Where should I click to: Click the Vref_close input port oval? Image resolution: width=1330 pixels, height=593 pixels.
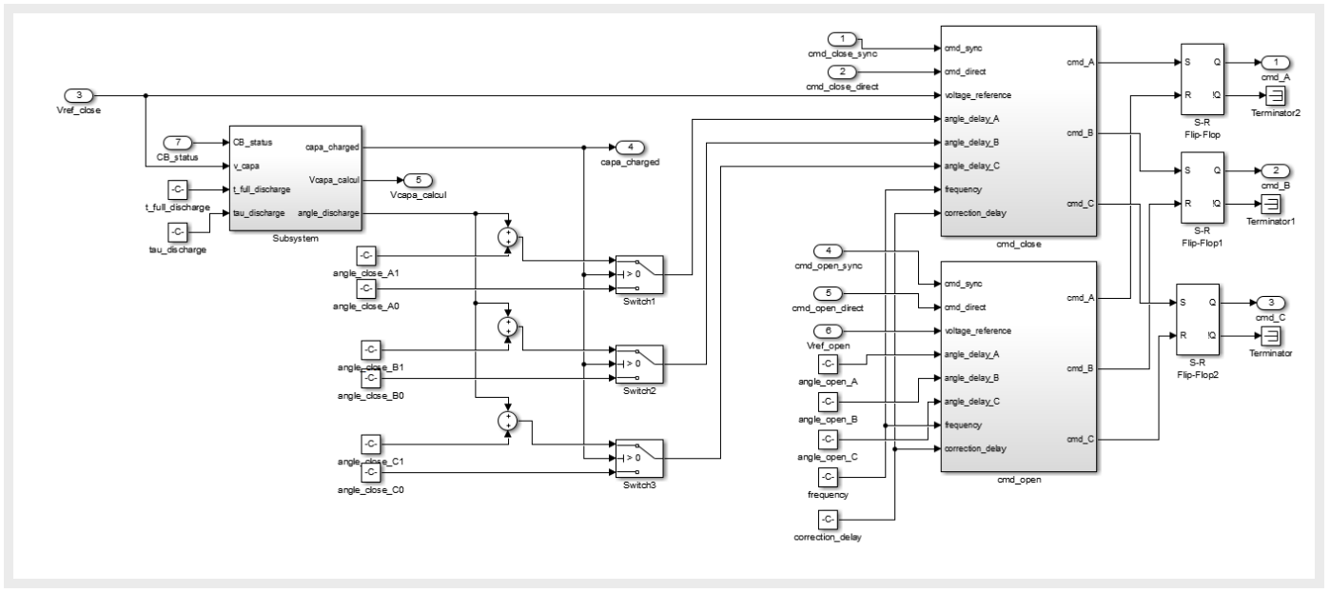[81, 95]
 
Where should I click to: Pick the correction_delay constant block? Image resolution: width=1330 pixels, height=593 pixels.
[828, 520]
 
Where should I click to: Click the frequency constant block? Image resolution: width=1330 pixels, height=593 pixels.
[828, 476]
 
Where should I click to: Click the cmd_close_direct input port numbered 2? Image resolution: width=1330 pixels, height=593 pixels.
[842, 71]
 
